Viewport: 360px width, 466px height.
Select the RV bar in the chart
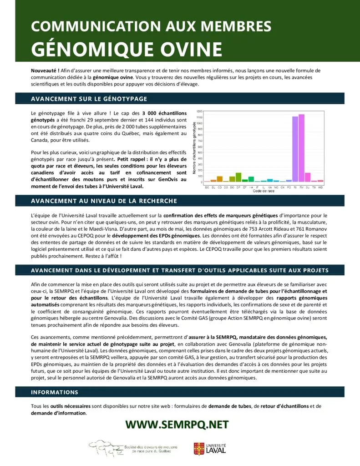(301, 148)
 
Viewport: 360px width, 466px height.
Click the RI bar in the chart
(295, 149)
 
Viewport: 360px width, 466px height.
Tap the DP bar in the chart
(238, 177)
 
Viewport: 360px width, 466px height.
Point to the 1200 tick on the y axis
(200, 111)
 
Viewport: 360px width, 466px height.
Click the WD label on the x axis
(320, 187)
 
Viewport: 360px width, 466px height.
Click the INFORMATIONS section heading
(55, 392)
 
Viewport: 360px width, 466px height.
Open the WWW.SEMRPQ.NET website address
(177, 425)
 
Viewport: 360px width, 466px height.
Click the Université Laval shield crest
(199, 449)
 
